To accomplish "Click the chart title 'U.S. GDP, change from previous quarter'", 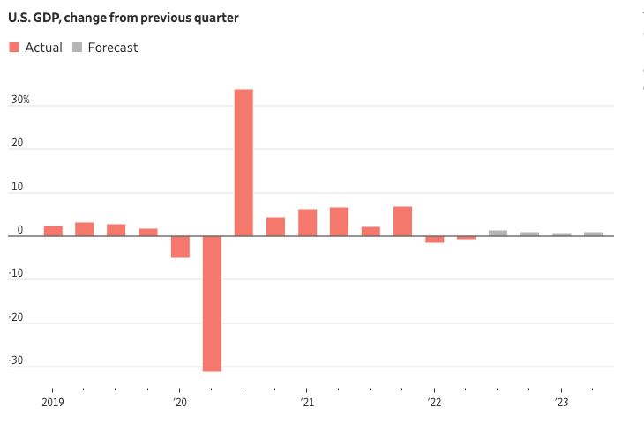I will (124, 17).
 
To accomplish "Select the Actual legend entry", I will (36, 48).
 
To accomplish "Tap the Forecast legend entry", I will (105, 48).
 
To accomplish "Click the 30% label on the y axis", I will (20, 100).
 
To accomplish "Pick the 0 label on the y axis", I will (20, 230).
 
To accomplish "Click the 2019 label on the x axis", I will (52, 403).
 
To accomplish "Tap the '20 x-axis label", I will (179, 403).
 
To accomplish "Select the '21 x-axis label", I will (306, 403).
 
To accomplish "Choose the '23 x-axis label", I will (561, 403).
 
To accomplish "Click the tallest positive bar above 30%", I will (243, 162).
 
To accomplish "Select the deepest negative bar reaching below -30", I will (212, 303).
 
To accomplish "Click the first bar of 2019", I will (53, 231).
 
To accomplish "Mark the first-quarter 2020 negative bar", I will (180, 247).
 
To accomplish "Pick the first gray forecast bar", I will (498, 234).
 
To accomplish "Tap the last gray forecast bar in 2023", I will (593, 234).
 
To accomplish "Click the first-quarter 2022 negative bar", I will (434, 239).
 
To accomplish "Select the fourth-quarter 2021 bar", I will (402, 221).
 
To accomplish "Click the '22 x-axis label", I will (434, 403).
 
